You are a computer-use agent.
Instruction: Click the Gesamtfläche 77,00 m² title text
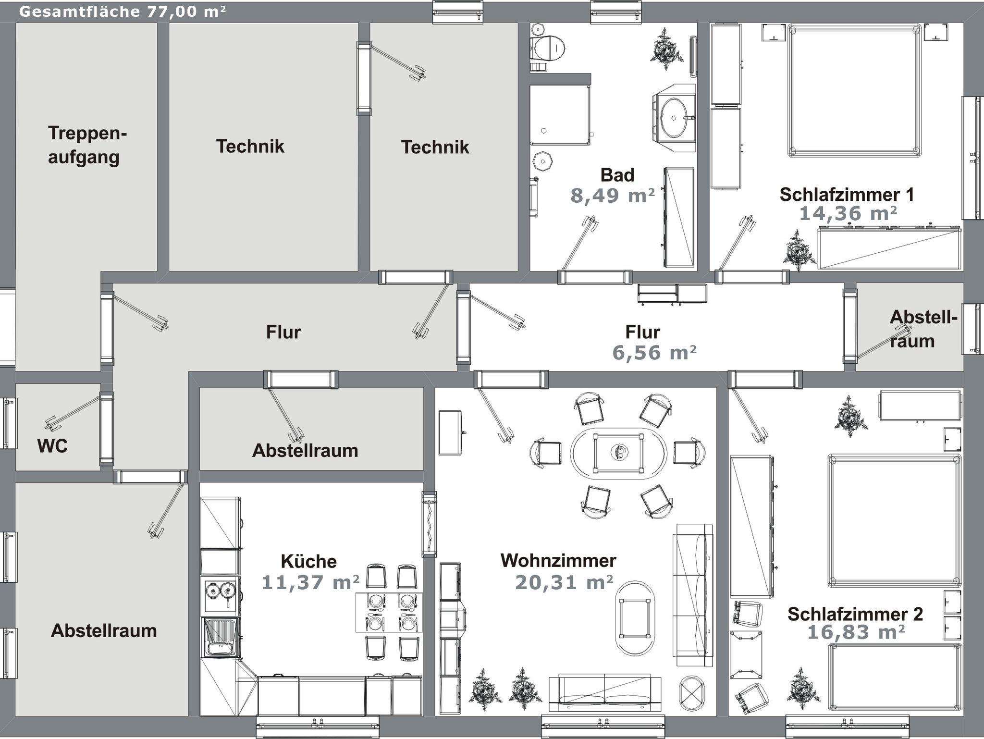[x=122, y=11]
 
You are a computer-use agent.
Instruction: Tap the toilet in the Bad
[x=548, y=48]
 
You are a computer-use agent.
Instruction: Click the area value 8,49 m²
[x=613, y=196]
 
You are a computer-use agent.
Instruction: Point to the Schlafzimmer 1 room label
[x=847, y=195]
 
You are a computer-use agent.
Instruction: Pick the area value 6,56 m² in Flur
[x=654, y=353]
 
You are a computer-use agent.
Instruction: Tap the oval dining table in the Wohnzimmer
[x=618, y=452]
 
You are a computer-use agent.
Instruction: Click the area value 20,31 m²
[x=564, y=582]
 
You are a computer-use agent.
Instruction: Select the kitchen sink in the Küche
[x=221, y=637]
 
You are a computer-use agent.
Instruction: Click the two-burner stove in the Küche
[x=221, y=596]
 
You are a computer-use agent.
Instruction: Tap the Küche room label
[x=308, y=561]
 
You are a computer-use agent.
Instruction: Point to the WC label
[x=52, y=446]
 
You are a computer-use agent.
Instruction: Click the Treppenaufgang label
[x=87, y=145]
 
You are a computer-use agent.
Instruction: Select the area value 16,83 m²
[x=856, y=632]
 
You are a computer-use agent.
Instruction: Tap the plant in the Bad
[x=667, y=49]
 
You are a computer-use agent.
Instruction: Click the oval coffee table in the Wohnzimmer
[x=635, y=618]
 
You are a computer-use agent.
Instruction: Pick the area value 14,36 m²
[x=848, y=213]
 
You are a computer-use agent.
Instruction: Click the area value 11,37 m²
[x=310, y=582]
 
